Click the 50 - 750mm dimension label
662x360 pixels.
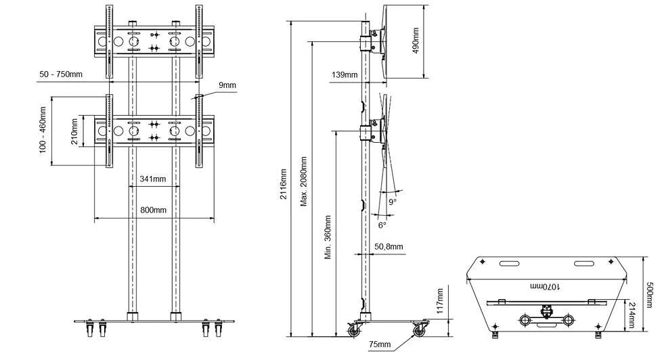(61, 74)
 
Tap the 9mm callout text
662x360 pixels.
(227, 85)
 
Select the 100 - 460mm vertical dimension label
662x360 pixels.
(43, 129)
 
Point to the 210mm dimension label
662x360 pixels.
(74, 132)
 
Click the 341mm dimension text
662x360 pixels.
(153, 179)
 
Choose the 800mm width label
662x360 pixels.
(153, 210)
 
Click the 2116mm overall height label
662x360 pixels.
(284, 184)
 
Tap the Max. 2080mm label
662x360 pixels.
(303, 181)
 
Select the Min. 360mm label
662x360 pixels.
(328, 238)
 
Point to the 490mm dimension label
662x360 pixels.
(416, 41)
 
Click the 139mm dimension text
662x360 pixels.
(345, 75)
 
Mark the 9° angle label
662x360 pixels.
(393, 202)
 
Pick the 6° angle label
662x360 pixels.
(382, 225)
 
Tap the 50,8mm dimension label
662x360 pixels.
(389, 246)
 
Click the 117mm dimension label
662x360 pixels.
(440, 301)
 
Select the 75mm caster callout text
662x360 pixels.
(380, 344)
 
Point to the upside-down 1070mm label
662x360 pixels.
(546, 286)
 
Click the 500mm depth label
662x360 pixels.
(650, 292)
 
